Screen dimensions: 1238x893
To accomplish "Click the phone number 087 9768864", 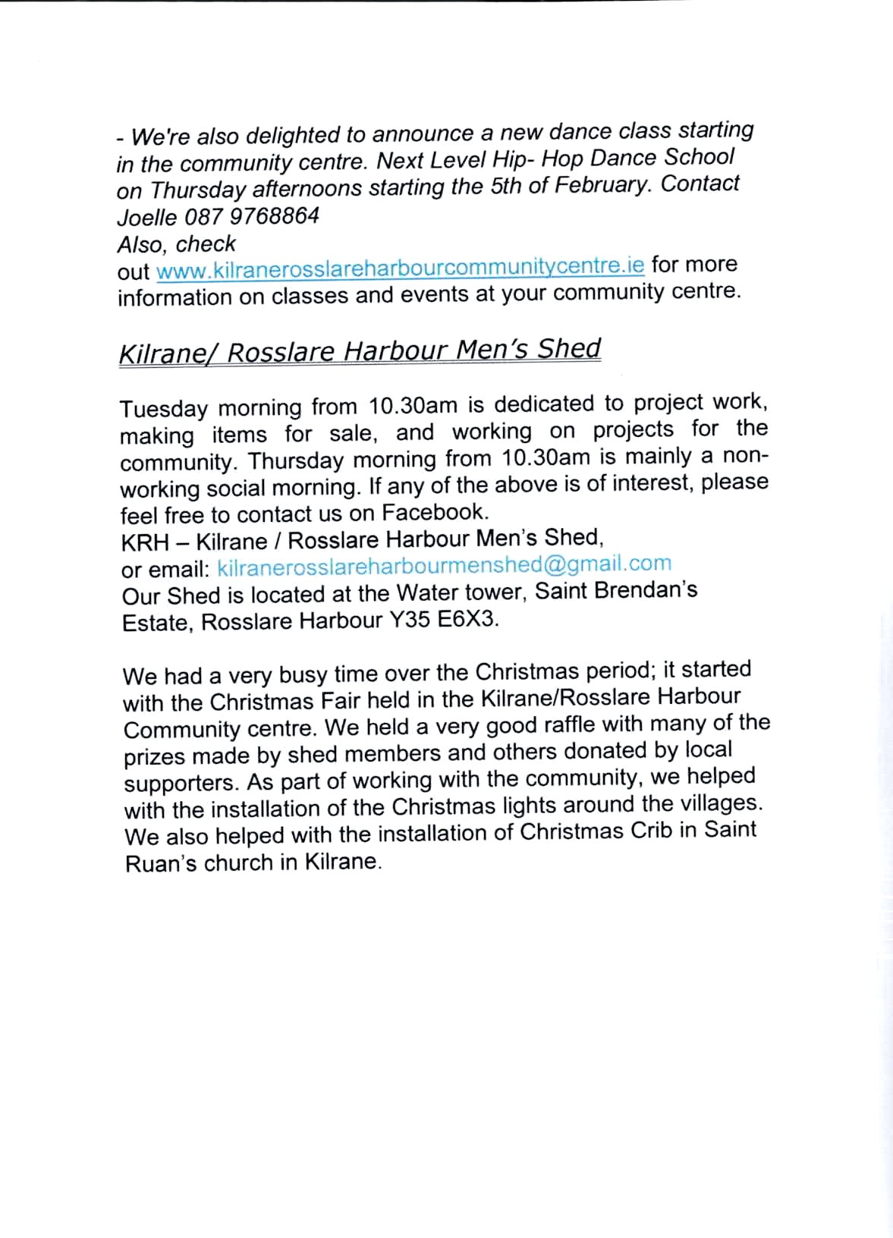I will pos(252,216).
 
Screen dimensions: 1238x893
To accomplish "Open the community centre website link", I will pos(400,267).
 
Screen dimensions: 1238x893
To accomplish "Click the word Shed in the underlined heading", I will pos(569,348).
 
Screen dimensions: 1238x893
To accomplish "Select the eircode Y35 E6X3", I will pos(444,620).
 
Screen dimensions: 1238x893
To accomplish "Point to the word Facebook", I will pos(435,513).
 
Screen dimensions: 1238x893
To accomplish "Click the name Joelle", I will pos(147,218).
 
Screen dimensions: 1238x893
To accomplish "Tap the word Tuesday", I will pos(163,409).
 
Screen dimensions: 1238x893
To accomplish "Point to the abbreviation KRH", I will pos(145,542).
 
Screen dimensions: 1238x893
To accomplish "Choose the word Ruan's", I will pos(161,863).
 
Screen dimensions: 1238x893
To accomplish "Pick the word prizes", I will pos(154,756).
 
